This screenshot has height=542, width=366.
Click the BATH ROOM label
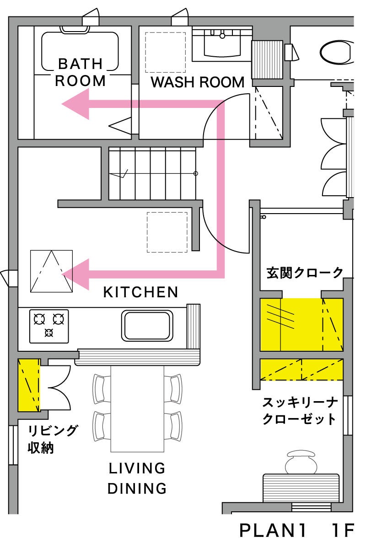click(x=80, y=72)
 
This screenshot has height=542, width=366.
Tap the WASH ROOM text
click(x=197, y=82)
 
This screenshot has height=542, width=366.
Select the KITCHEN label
click(x=140, y=292)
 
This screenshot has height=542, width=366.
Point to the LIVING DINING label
click(x=137, y=478)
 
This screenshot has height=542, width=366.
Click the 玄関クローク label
click(x=305, y=273)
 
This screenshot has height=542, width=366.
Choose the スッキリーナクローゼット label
click(x=300, y=411)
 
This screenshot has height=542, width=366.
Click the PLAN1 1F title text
click(x=297, y=530)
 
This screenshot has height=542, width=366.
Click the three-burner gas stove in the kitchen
click(x=49, y=326)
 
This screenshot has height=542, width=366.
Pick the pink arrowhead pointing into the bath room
click(x=76, y=104)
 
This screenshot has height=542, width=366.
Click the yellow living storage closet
click(x=29, y=385)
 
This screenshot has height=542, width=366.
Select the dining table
click(x=137, y=408)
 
